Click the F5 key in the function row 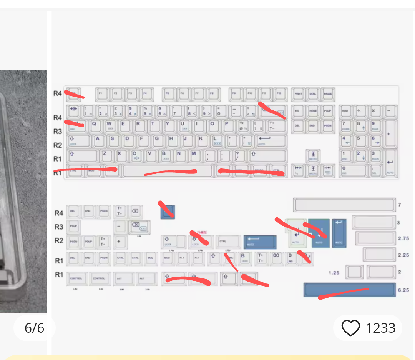(x=168, y=94)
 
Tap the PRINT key (x=298, y=94)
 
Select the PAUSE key (x=327, y=94)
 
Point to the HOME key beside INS (x=313, y=111)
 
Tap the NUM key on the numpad (x=345, y=111)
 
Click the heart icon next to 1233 (x=350, y=328)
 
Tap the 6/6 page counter (x=35, y=328)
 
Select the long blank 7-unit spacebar (x=344, y=205)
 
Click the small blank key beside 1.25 (x=354, y=272)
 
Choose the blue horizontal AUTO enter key (x=260, y=242)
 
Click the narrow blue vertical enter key (x=339, y=233)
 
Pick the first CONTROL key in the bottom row (x=76, y=278)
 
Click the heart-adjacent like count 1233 (x=380, y=328)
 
